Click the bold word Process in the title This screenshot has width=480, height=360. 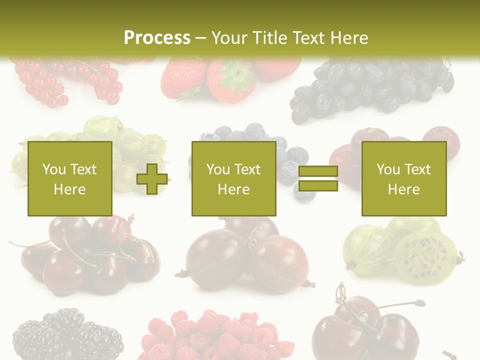157,38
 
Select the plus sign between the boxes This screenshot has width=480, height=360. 152,178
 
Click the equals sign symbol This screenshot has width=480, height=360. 318,178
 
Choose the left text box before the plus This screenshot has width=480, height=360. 69,178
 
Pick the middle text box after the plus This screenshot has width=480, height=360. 233,178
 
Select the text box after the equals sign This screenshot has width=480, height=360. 403,178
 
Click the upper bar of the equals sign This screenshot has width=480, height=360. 318,171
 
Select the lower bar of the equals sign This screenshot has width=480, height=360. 318,185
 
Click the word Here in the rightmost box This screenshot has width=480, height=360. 403,189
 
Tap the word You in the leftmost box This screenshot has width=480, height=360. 54,169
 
